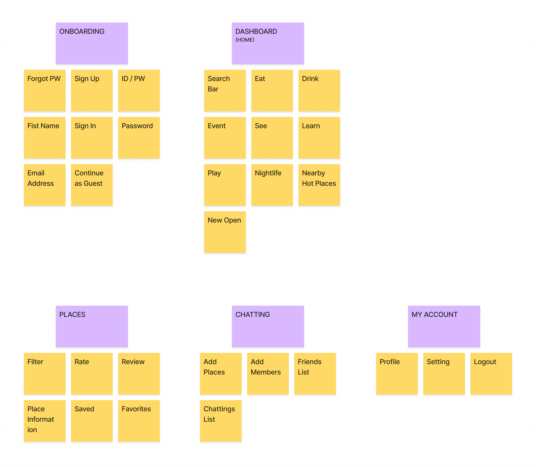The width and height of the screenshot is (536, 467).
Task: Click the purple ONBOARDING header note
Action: tap(92, 43)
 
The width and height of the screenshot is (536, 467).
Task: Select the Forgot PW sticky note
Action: tap(45, 90)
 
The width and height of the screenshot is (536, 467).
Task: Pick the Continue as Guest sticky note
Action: tap(92, 185)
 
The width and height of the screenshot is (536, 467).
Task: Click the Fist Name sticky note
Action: tap(45, 138)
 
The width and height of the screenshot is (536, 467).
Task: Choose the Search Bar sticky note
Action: tap(225, 90)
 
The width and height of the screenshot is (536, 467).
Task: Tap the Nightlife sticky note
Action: tap(272, 185)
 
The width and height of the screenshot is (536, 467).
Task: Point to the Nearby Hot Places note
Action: tap(319, 185)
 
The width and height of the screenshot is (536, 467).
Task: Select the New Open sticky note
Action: tap(225, 232)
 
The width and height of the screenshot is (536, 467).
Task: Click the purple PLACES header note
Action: tap(92, 326)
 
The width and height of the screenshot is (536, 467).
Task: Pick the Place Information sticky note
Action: tap(45, 421)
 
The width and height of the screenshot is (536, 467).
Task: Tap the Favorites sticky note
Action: tap(139, 421)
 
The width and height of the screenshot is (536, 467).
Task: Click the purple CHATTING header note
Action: tap(268, 326)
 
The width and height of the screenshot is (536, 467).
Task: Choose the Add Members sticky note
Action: tap(268, 373)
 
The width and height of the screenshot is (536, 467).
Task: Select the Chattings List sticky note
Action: tap(221, 421)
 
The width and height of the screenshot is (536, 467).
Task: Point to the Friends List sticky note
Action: tap(315, 373)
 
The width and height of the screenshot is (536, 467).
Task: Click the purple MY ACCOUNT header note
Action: tap(444, 326)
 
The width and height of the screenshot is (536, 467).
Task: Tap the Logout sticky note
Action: tap(491, 373)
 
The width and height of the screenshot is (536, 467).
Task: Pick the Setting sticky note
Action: tap(444, 373)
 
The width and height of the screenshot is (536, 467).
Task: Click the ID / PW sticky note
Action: tap(139, 90)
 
